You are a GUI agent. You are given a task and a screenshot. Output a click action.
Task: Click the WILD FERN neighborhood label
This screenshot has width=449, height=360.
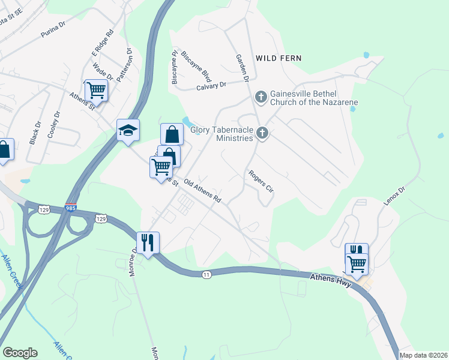tap(278, 58)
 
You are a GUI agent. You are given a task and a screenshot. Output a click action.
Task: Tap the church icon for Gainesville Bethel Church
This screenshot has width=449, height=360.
tap(261, 97)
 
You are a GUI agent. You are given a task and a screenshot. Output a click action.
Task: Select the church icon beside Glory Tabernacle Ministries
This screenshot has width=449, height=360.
tap(262, 133)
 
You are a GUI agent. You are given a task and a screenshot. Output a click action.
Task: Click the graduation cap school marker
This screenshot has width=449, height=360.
tap(128, 130)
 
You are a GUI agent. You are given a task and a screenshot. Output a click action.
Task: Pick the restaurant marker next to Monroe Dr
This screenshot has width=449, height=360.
tap(147, 242)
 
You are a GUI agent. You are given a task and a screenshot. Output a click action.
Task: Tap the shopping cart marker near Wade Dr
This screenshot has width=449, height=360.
tap(96, 91)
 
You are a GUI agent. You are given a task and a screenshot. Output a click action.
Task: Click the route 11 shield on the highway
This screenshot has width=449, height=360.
tap(207, 274)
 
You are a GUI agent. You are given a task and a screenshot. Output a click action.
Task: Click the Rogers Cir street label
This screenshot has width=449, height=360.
tap(262, 181)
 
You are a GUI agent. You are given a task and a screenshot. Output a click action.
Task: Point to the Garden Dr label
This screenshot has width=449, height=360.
tap(242, 67)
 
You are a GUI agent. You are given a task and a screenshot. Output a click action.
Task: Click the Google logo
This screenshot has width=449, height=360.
tap(20, 353)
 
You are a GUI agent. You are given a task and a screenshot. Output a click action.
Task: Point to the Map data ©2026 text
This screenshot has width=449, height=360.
tap(423, 355)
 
